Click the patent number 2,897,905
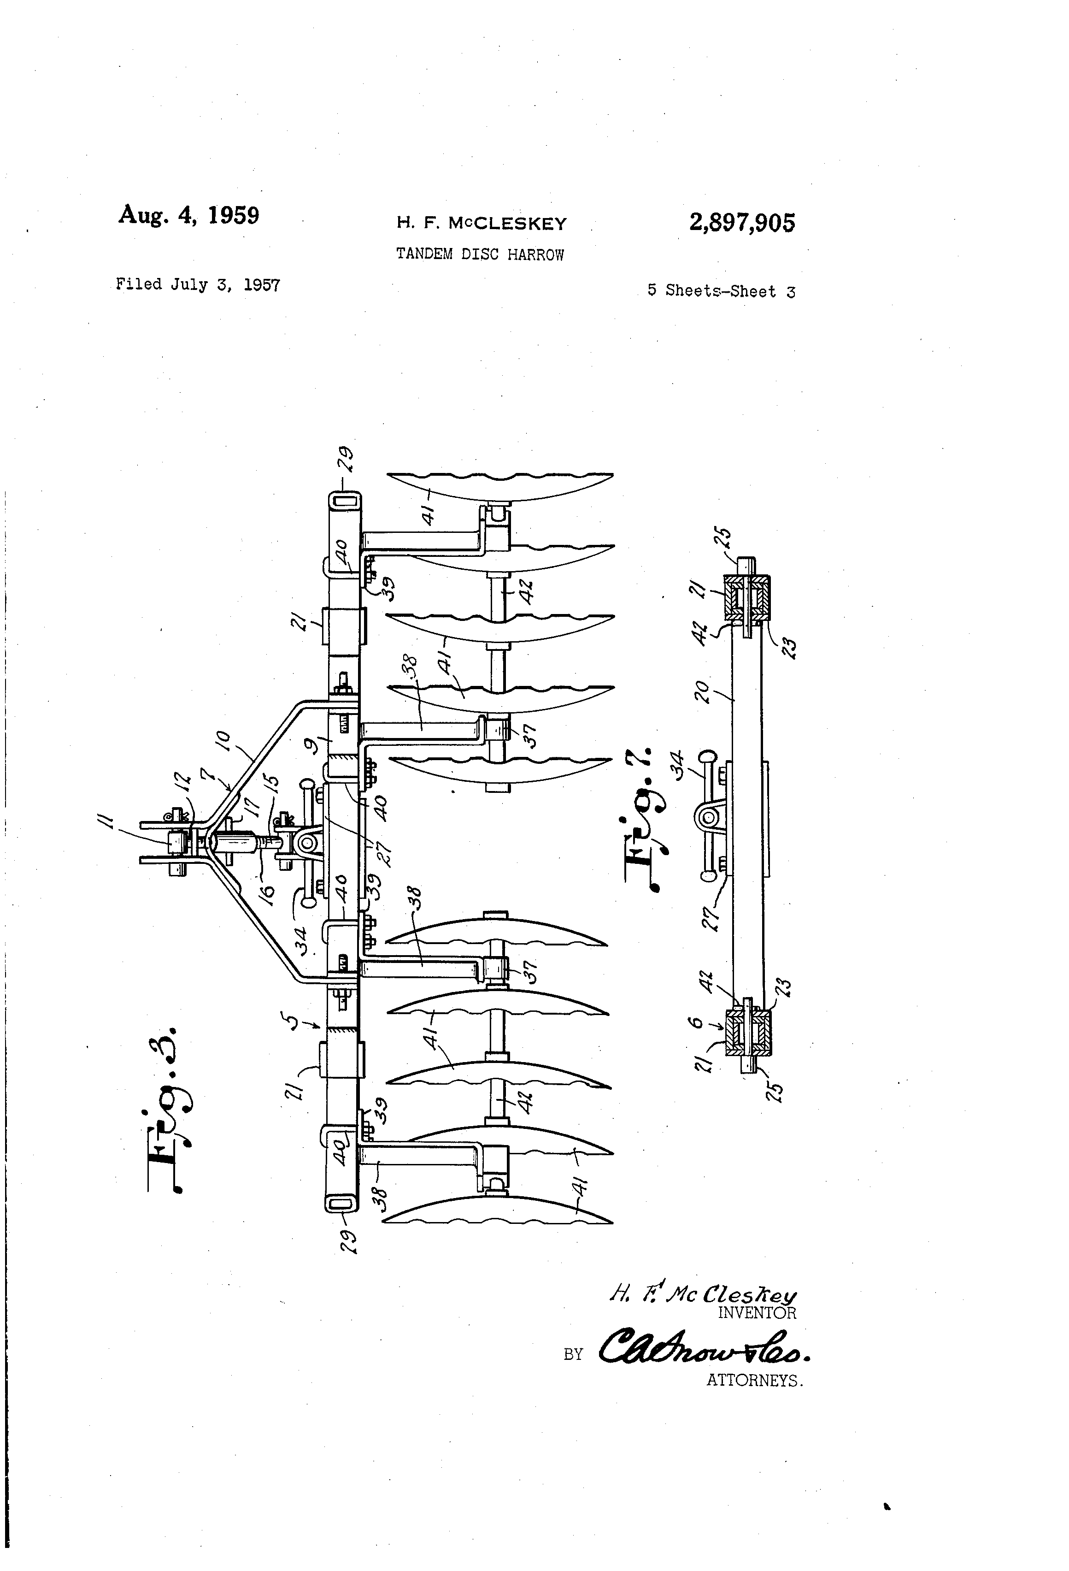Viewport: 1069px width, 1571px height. [x=741, y=222]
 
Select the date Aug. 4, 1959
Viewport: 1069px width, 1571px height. [x=188, y=215]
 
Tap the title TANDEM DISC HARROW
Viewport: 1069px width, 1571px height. [x=479, y=255]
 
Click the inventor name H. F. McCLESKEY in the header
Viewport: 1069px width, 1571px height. [x=481, y=223]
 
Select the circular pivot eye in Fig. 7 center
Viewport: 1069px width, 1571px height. [x=707, y=819]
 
